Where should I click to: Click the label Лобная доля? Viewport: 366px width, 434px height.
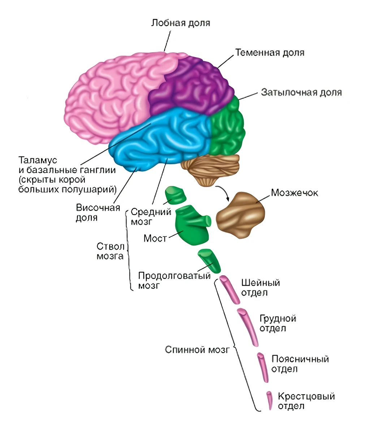181,23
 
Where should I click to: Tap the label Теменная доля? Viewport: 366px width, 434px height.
270,52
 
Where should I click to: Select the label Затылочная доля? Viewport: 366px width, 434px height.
301,92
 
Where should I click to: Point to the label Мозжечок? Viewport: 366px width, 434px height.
294,193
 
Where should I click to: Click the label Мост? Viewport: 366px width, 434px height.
155,238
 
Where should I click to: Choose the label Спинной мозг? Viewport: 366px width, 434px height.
197,350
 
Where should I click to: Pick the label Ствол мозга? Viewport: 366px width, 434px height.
111,251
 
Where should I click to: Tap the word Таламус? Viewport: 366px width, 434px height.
38,160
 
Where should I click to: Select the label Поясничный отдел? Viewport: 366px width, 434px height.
300,364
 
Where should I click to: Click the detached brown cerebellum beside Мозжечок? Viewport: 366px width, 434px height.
240,215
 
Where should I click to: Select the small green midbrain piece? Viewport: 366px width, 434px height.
175,195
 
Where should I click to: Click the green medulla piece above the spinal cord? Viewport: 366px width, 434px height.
209,261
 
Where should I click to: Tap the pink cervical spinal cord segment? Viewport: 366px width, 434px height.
229,289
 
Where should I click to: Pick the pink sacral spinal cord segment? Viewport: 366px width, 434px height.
270,401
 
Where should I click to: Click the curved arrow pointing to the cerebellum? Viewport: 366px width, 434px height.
224,192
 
